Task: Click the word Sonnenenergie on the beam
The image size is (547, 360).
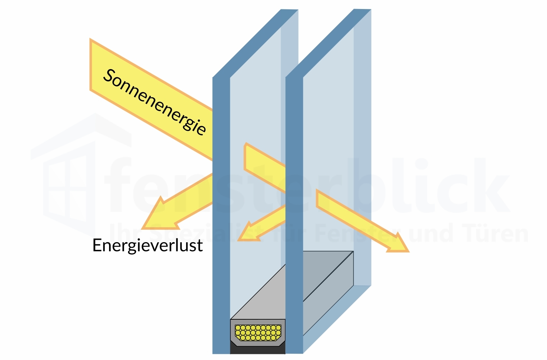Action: [x=155, y=102]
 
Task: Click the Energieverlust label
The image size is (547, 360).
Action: [x=148, y=246]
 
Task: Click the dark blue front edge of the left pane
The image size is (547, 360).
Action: [x=221, y=216]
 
